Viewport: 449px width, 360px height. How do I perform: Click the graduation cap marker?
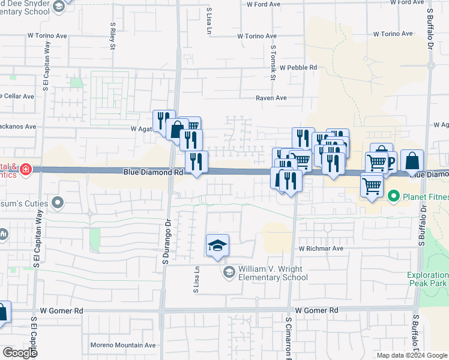tap(217, 245)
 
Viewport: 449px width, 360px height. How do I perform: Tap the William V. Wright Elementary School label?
tap(273, 273)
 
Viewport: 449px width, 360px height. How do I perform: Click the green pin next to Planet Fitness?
tap(394, 196)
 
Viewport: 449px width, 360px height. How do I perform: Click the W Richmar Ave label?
tap(321, 248)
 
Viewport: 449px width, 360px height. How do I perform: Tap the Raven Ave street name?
tap(271, 98)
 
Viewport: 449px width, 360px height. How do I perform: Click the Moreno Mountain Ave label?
tap(123, 345)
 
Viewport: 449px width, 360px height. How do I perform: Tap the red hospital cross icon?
tap(26, 170)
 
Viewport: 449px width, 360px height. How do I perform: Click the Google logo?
tap(20, 352)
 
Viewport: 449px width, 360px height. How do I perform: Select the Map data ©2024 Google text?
tap(412, 355)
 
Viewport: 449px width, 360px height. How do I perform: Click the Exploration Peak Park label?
tap(428, 278)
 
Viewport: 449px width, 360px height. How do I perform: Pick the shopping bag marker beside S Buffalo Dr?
tap(412, 161)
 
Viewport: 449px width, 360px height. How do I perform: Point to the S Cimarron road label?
tap(288, 343)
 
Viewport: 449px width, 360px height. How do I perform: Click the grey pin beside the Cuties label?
tap(58, 203)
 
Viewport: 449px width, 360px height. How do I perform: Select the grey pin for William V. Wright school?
tap(229, 273)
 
